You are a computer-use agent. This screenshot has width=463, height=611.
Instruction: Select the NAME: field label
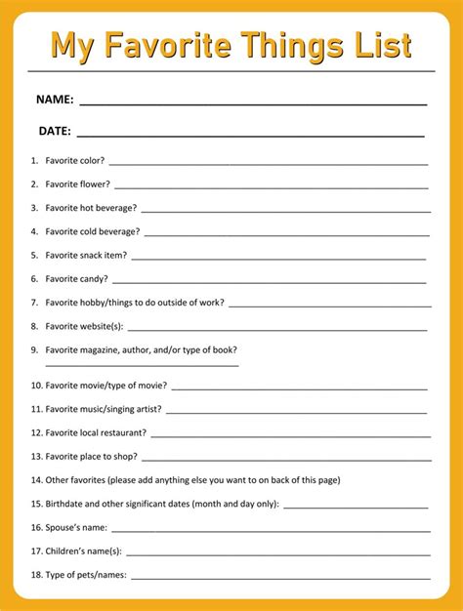55,100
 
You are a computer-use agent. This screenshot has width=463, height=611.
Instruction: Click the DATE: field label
54,131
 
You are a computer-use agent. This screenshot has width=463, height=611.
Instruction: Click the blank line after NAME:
252,103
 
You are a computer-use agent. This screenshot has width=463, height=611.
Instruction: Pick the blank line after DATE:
250,135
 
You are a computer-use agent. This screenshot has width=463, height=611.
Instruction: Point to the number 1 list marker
34,160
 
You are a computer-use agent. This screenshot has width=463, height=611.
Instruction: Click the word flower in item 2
97,183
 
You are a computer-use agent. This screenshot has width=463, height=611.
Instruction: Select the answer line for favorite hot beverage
284,210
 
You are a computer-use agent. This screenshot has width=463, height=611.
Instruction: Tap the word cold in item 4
93,231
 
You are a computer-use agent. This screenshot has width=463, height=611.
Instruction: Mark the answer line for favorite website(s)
277,329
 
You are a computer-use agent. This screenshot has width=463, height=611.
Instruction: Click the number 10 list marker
36,386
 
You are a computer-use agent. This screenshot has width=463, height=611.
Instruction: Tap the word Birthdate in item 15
66,504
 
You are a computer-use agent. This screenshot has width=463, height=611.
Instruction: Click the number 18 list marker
36,575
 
